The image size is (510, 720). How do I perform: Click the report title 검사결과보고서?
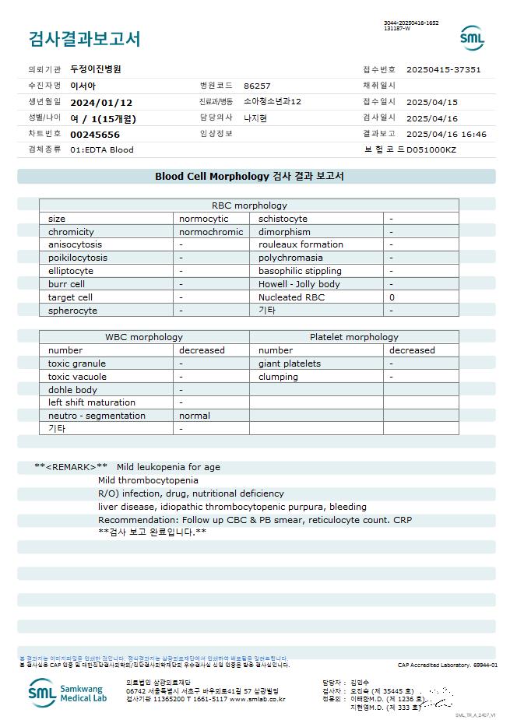point(84,39)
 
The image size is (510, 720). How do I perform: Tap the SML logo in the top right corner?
point(471,38)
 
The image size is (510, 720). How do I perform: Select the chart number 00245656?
point(95,134)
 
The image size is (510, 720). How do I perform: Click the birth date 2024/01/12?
point(101,102)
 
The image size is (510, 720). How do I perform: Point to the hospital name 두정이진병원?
point(96,69)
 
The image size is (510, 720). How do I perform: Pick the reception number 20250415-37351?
point(443,69)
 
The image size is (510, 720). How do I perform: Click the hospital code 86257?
point(257,86)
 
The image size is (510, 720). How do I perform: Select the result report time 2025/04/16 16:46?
point(446,134)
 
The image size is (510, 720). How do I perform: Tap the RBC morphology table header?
point(249,205)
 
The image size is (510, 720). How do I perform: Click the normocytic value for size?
point(204,219)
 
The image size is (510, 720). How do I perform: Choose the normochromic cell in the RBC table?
point(211,232)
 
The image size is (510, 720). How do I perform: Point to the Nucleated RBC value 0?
point(392,297)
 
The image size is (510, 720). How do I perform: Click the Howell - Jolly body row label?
point(299,284)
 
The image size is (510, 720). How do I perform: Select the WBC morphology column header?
point(144,337)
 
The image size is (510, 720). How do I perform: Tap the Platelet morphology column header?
point(353,337)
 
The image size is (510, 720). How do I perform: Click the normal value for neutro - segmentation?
point(195,416)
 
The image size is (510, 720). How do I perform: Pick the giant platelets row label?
point(290,364)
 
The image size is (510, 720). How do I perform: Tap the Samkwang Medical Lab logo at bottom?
point(69,692)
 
